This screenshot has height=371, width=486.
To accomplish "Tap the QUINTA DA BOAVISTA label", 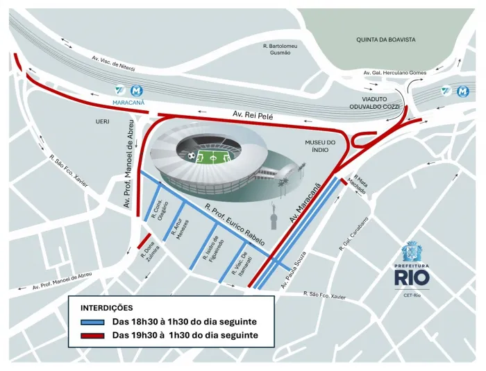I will point(385,40).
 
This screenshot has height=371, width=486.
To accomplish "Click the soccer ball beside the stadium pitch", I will point(192,155).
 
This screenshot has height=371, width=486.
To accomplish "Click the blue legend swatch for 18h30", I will point(92,322).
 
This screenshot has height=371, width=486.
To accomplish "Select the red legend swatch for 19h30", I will point(92,336).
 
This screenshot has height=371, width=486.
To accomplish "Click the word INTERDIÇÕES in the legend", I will point(107,308).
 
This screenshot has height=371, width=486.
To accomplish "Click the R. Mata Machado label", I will point(360,184).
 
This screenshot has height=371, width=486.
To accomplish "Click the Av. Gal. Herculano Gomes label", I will point(394,73).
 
